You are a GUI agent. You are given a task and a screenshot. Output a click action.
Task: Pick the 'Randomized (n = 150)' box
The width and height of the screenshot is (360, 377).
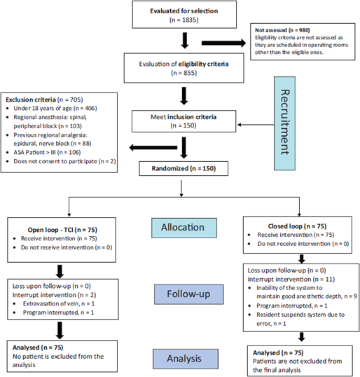pyautogui.click(x=184, y=168)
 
